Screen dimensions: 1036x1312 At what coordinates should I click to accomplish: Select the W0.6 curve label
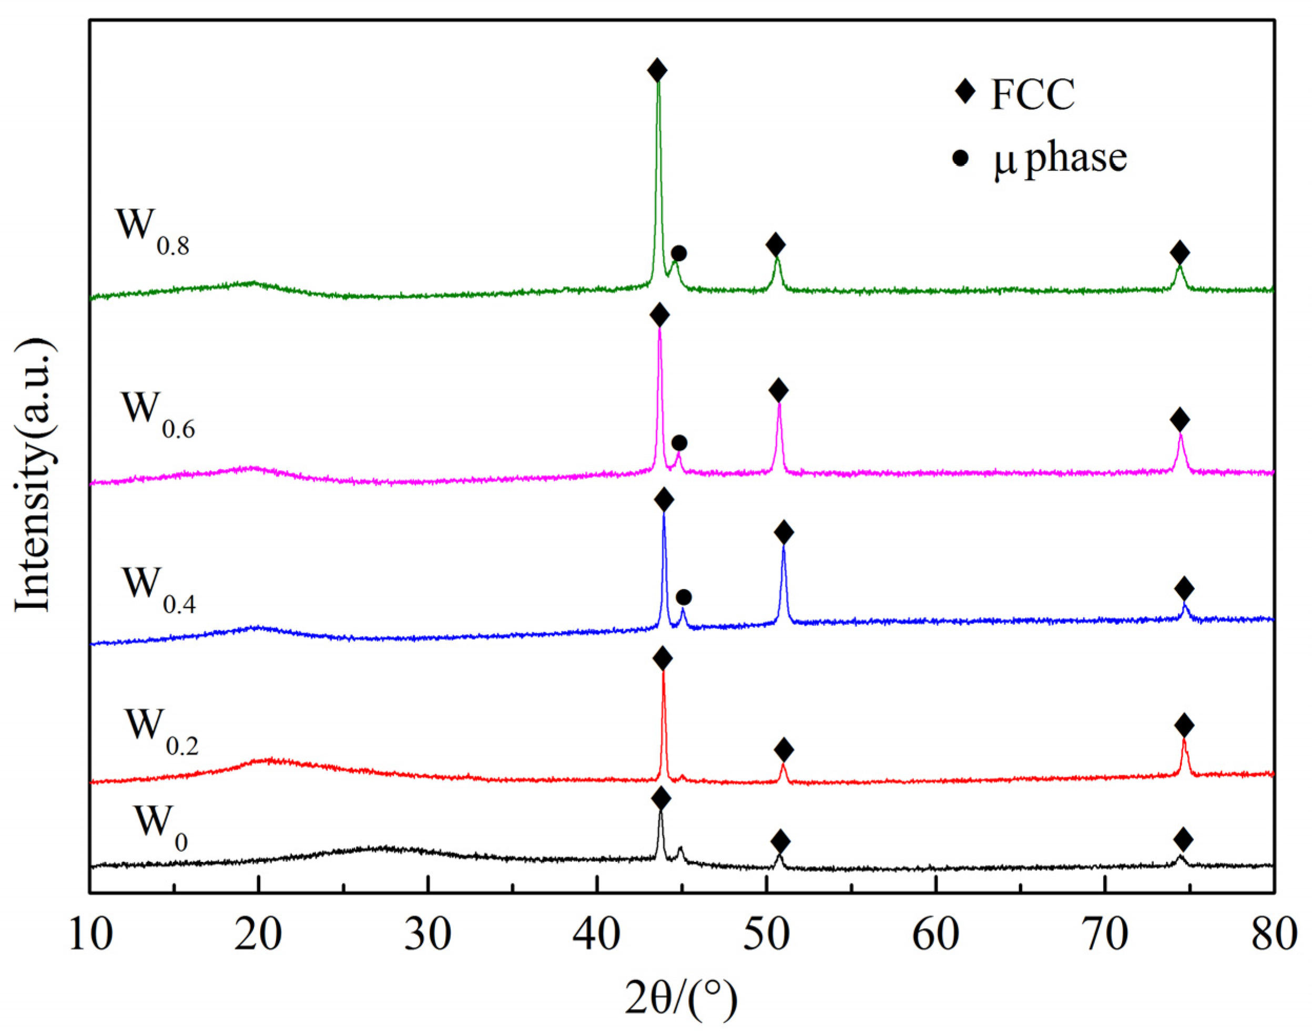tap(158, 414)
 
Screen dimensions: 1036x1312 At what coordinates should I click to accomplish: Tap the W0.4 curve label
tap(159, 590)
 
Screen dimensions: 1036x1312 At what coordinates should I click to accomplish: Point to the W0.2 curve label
tap(162, 732)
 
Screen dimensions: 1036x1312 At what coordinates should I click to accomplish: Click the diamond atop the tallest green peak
tap(657, 70)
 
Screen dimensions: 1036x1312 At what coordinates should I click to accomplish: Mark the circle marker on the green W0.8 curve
tap(679, 253)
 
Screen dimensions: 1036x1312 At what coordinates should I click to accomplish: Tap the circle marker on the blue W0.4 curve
tap(684, 597)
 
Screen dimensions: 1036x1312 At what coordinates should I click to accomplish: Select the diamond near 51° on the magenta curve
tap(778, 391)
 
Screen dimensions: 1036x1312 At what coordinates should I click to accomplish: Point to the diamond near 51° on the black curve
tap(781, 842)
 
